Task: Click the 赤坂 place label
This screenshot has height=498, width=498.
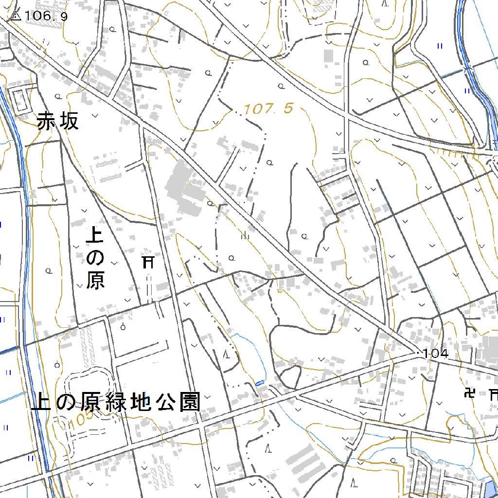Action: (x=57, y=122)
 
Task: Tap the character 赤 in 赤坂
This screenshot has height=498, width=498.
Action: (x=47, y=122)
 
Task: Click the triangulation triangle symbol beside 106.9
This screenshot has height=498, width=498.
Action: (x=15, y=16)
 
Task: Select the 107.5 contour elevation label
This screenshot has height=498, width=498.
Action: (x=268, y=109)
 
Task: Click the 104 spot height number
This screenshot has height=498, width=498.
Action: (x=435, y=354)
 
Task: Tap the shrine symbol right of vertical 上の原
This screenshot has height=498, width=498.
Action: (x=148, y=263)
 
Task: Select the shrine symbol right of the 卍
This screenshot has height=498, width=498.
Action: (x=493, y=393)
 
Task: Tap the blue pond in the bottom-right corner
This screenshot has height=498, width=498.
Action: (x=492, y=488)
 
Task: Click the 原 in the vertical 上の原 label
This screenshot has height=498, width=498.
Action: (x=95, y=280)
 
